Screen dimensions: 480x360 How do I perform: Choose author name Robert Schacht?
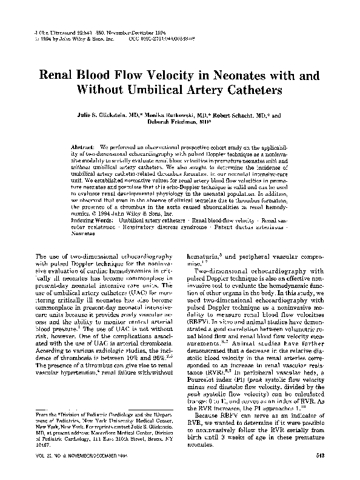click(x=231, y=113)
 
